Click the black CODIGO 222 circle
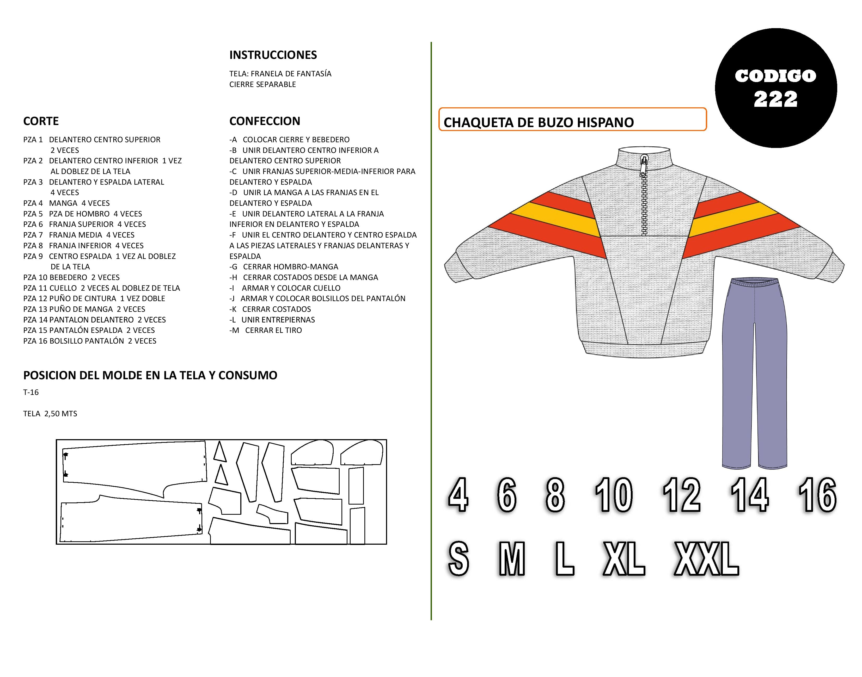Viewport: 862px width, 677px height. [775, 88]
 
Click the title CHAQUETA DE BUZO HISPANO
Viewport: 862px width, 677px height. [538, 122]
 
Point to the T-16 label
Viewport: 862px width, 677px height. [31, 392]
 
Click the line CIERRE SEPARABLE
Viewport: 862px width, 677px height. [262, 84]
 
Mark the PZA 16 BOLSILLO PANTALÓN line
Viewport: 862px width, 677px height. [90, 341]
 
